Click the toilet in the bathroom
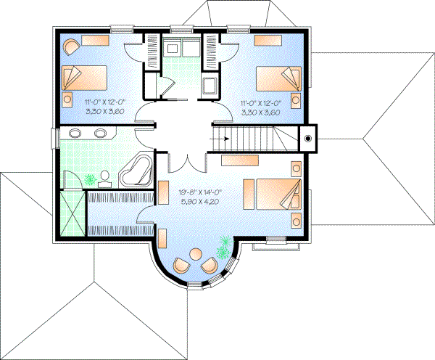pos(105,176)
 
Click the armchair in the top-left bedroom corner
pos(70,47)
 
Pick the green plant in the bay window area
pos(224,249)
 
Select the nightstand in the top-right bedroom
pos(297,97)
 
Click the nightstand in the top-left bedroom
pos(67,97)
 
